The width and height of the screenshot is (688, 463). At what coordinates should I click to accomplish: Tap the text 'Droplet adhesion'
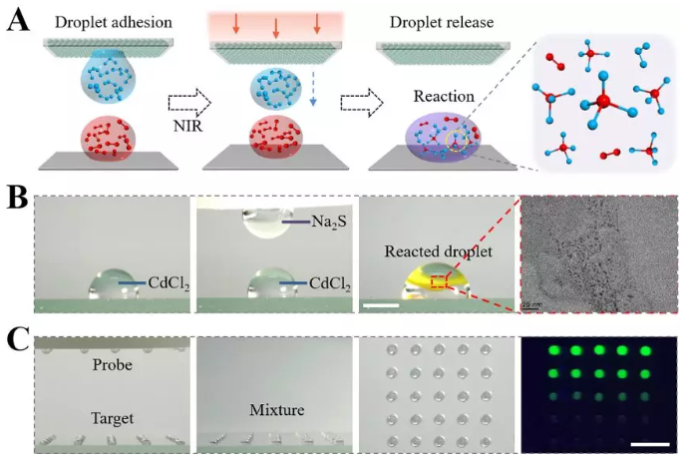pos(97,19)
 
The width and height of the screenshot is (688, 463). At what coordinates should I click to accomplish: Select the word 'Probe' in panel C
pos(113,366)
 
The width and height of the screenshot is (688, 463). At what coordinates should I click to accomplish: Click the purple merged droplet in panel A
pos(440,140)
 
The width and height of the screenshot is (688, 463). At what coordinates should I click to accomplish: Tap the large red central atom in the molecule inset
pos(605,102)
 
